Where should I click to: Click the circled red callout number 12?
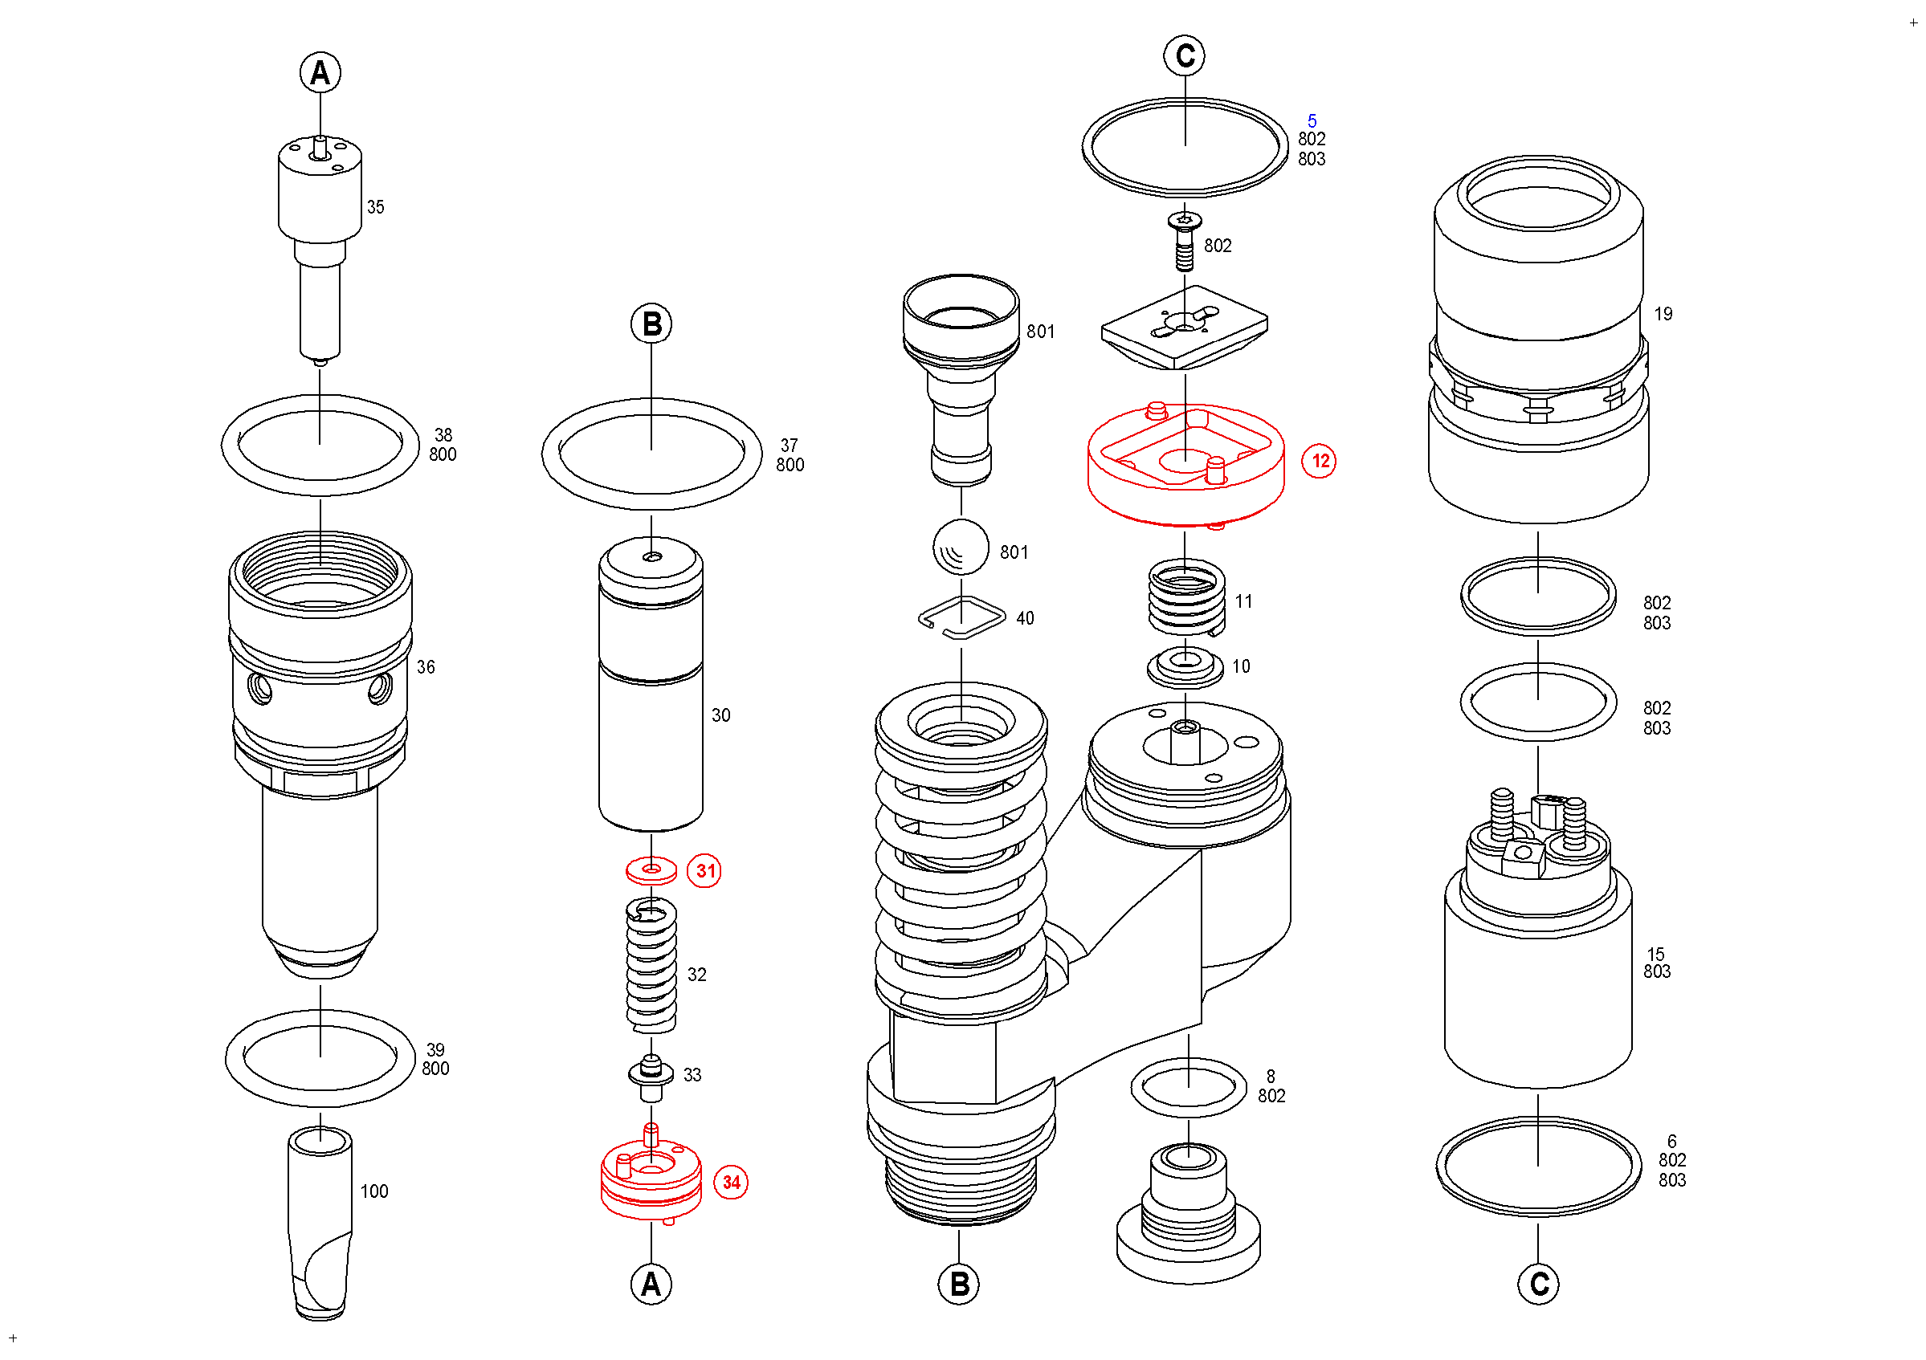(1320, 461)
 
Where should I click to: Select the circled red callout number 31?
(704, 871)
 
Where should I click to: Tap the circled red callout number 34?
(731, 1183)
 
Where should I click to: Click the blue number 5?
(1312, 120)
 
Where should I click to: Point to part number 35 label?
(376, 207)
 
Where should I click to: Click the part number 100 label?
(374, 1191)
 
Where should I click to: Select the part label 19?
(1663, 314)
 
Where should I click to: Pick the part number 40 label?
(1025, 618)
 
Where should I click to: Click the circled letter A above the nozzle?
(320, 73)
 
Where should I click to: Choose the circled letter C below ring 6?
(1538, 1285)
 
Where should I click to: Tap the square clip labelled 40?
(962, 618)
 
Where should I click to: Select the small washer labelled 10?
(1185, 666)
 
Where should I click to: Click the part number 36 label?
(426, 667)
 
